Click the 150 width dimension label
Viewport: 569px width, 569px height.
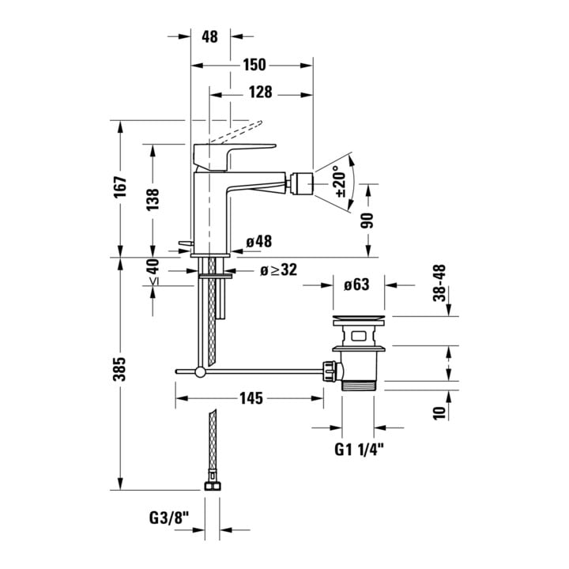point(254,65)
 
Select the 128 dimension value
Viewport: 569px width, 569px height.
point(260,92)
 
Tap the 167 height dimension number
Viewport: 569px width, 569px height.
point(120,187)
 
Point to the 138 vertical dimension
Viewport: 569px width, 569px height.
point(153,199)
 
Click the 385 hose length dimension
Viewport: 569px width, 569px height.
point(119,369)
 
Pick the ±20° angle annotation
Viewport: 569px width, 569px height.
point(341,182)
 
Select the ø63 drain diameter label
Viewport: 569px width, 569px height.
point(356,284)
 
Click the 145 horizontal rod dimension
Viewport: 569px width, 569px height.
point(251,398)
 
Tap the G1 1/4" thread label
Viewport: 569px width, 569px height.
point(359,450)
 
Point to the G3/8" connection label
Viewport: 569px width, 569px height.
point(169,518)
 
